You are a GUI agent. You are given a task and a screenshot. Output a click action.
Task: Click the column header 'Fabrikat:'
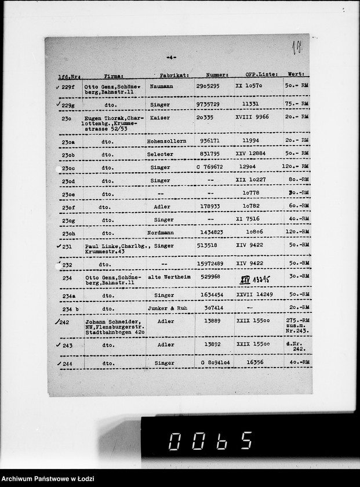174,75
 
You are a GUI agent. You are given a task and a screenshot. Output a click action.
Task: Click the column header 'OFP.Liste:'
261,74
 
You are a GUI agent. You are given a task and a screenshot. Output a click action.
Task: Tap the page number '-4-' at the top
171,57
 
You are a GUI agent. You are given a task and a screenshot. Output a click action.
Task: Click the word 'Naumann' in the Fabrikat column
161,86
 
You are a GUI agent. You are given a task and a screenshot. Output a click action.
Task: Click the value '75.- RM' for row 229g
297,104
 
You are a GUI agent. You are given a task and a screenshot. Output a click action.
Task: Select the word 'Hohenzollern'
166,141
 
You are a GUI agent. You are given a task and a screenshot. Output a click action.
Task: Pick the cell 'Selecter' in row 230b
160,155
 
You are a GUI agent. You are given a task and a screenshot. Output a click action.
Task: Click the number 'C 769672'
209,167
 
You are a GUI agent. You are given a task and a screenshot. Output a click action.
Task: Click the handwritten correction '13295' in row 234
261,279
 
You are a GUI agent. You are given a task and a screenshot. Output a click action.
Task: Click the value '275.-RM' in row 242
297,320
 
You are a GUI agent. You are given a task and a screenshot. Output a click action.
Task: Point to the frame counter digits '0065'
210,441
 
